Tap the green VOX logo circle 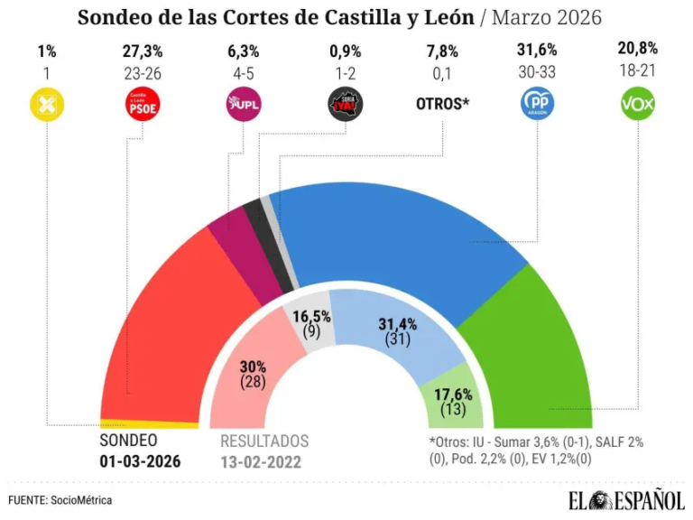(x=638, y=106)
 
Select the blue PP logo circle (x=539, y=106)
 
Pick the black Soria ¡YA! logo (x=344, y=106)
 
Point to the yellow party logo (x=46, y=106)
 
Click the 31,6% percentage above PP (x=539, y=51)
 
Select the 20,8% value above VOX (x=638, y=51)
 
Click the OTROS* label (x=442, y=105)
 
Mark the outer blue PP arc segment (x=397, y=235)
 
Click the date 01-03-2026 (x=140, y=461)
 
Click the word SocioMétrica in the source (x=82, y=499)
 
